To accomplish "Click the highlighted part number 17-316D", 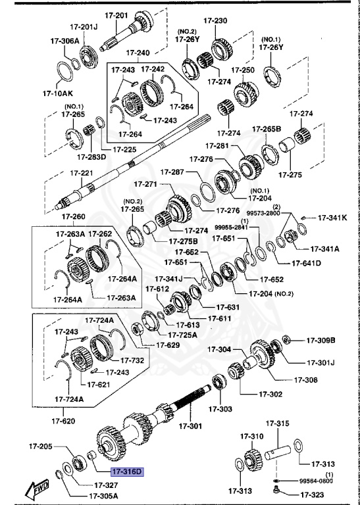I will click(x=126, y=471).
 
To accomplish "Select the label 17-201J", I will click(x=84, y=27).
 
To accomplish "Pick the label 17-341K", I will click(x=332, y=218).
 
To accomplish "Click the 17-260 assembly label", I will click(x=74, y=217).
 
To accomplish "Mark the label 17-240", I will click(x=138, y=53).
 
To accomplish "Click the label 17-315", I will click(x=278, y=423).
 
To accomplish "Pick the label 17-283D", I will click(x=91, y=158).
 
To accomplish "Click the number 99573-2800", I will click(x=265, y=214).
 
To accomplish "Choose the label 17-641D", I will click(x=306, y=264).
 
